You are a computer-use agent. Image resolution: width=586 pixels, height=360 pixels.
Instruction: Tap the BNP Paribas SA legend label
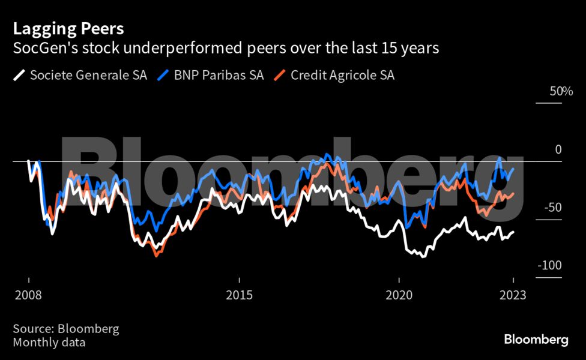pyautogui.click(x=219, y=76)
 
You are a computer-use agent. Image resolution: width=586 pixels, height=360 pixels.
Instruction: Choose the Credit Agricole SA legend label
pyautogui.click(x=342, y=76)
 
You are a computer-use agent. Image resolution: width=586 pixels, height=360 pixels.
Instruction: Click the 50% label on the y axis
pyautogui.click(x=560, y=92)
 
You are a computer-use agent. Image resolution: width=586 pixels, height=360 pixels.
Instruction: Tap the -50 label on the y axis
pyautogui.click(x=552, y=208)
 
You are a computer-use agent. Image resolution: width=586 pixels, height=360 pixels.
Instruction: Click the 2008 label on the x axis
pyautogui.click(x=28, y=296)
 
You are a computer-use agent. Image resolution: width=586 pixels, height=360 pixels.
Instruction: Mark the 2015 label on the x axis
pyautogui.click(x=240, y=296)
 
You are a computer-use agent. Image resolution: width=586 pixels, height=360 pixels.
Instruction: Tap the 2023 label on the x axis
pyautogui.click(x=513, y=296)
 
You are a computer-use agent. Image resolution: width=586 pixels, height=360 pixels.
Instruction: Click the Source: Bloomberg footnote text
pyautogui.click(x=65, y=329)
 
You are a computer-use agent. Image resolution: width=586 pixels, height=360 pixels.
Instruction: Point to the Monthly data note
pyautogui.click(x=49, y=343)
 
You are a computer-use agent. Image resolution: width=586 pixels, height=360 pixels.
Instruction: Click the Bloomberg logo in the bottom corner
pyautogui.click(x=536, y=340)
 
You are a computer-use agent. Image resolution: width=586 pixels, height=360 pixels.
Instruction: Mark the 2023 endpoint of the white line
pyautogui.click(x=513, y=232)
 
